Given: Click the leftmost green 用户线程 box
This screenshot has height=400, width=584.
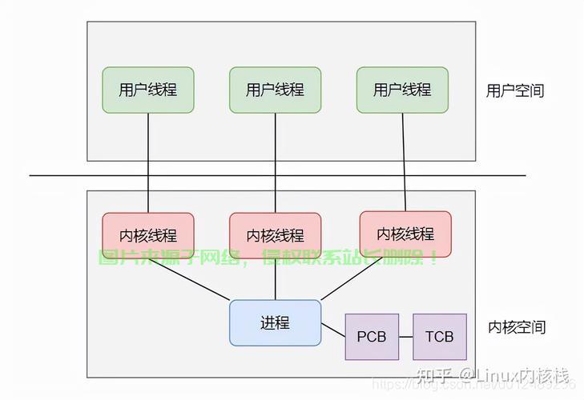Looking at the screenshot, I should (x=147, y=90).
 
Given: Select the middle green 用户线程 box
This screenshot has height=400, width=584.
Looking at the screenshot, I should (x=275, y=90).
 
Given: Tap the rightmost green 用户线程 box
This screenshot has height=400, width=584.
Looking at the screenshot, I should (x=402, y=90).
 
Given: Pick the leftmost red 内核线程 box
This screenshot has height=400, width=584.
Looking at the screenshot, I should (x=147, y=235).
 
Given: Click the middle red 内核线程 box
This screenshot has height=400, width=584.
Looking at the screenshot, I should (x=275, y=235).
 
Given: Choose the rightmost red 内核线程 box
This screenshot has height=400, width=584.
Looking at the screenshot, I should (x=405, y=234).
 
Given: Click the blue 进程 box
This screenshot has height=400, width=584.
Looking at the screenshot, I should (x=275, y=323).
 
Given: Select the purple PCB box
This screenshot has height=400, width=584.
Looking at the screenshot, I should (x=372, y=337).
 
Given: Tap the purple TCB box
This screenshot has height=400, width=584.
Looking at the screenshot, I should (x=439, y=337).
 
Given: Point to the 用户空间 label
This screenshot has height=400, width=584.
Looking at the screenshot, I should (x=514, y=90).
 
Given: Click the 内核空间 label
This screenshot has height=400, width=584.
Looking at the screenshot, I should (x=517, y=327).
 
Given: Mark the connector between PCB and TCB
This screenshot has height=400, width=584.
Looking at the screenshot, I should (x=405, y=337).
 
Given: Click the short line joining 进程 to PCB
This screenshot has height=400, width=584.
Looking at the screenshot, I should (x=332, y=329).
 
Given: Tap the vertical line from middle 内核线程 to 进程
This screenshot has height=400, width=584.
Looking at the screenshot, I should (x=275, y=279).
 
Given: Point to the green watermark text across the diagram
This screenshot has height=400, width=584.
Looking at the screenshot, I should (x=268, y=258).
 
